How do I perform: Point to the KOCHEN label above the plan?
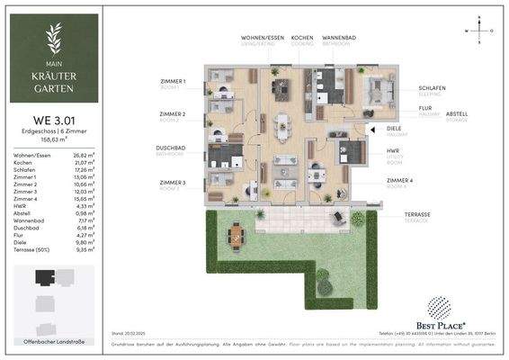click(x=301, y=40)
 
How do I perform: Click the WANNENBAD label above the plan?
click(x=336, y=40)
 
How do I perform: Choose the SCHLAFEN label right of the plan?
click(x=433, y=88)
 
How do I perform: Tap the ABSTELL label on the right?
click(x=457, y=113)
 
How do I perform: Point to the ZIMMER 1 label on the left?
click(x=171, y=83)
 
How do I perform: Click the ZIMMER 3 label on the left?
click(x=171, y=183)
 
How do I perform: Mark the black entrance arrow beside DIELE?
click(x=371, y=129)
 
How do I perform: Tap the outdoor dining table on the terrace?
click(x=237, y=236)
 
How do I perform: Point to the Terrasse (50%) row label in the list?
click(x=31, y=249)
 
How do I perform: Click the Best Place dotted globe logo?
click(x=439, y=308)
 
